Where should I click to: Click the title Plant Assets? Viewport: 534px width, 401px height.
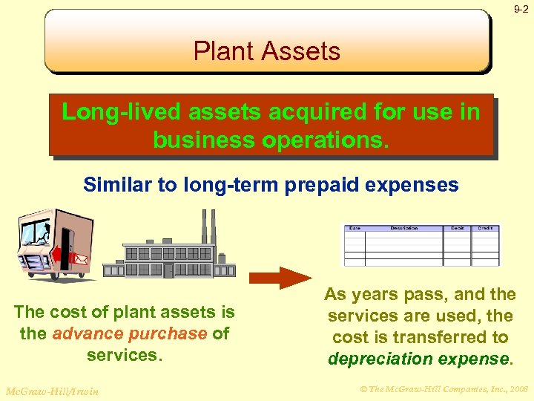tap(267, 51)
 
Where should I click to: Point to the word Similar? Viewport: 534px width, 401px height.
tap(117, 185)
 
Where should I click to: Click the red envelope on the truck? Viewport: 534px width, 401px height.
tap(80, 260)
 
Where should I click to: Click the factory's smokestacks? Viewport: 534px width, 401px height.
tap(208, 225)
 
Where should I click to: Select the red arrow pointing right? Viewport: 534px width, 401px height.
tap(280, 278)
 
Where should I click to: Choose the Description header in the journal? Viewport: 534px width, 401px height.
tap(404, 228)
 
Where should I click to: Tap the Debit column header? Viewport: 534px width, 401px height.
tap(458, 228)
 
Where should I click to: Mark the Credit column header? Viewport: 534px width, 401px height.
tap(485, 228)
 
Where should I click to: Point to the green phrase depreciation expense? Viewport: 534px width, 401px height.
tap(418, 359)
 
